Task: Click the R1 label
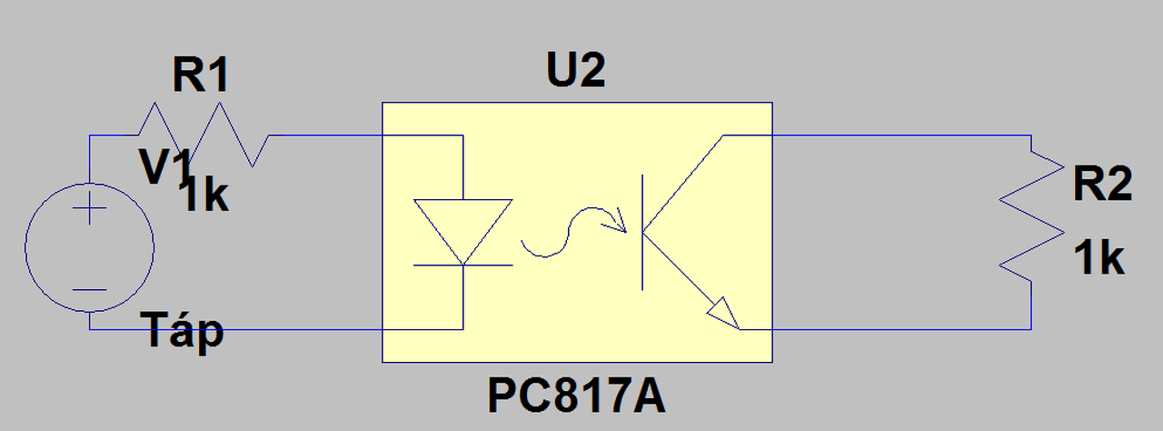point(201,77)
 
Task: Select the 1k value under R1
point(205,197)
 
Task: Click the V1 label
point(165,166)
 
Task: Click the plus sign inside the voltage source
point(89,212)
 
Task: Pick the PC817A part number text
point(576,396)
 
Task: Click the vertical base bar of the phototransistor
point(643,233)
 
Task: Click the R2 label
point(1102,186)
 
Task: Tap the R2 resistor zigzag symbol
point(1032,217)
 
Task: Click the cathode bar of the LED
point(462,266)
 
